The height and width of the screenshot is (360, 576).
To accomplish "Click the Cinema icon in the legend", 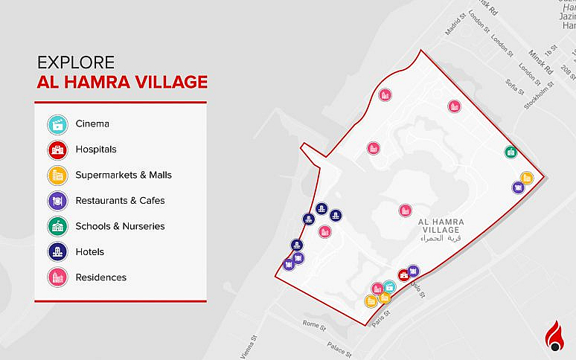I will click(57, 124).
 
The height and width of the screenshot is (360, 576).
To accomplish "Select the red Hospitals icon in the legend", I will click(57, 150).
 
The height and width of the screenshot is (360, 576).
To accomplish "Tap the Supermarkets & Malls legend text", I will click(124, 176).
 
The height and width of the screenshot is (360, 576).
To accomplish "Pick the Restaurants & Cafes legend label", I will click(120, 201).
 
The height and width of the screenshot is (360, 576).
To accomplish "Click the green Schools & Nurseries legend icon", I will click(57, 226).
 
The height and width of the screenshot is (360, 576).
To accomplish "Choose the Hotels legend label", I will click(89, 252).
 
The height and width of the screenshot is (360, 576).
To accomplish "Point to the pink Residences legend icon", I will click(57, 277).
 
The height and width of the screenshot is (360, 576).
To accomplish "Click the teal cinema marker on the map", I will click(389, 286).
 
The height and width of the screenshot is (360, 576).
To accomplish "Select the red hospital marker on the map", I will click(403, 275).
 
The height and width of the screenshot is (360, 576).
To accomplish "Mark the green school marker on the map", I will click(511, 152).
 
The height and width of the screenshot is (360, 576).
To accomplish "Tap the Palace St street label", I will click(338, 346).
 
